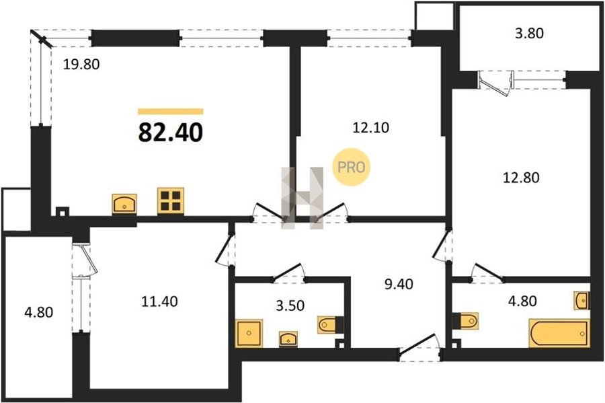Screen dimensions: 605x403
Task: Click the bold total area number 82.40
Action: (170, 133)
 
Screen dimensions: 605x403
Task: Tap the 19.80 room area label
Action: (81, 64)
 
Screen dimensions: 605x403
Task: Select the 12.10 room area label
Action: (371, 127)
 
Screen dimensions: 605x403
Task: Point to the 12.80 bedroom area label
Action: (521, 178)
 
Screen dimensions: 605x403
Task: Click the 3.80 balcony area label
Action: (530, 33)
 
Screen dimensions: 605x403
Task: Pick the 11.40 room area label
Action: (160, 301)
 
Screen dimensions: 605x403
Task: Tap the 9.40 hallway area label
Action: (399, 284)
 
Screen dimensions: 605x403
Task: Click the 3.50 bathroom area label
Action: (290, 305)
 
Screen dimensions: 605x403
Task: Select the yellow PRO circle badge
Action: (351, 167)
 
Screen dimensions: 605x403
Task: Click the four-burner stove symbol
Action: (171, 200)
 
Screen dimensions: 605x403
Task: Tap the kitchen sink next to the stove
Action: (124, 204)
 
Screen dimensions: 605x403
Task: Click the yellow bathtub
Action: (559, 333)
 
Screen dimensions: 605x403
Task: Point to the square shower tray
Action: (249, 332)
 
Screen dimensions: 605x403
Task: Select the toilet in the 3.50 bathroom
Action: (330, 325)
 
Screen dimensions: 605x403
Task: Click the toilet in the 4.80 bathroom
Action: (466, 320)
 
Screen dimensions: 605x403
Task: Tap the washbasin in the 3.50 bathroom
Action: (288, 339)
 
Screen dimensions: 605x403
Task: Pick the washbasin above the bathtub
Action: (581, 301)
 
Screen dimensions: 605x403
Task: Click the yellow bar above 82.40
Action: (171, 112)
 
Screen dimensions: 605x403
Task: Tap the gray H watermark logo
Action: (302, 198)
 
